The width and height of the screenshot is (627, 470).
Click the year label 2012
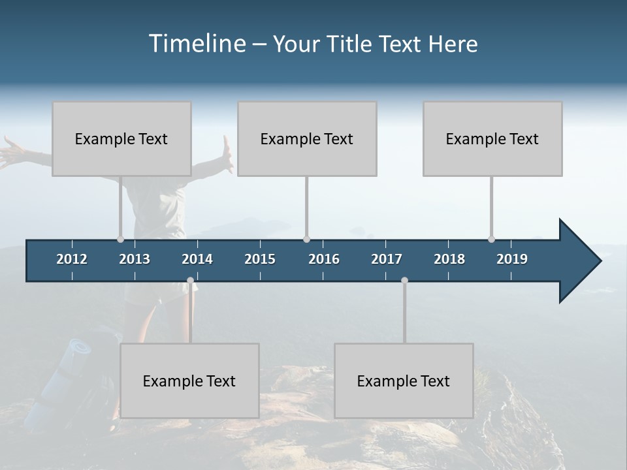tap(72, 259)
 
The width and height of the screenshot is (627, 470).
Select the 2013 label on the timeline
tap(135, 259)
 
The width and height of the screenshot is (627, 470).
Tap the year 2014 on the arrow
tap(197, 259)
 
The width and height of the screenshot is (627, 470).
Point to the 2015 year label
tap(260, 259)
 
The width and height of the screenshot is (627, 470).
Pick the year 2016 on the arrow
tap(324, 259)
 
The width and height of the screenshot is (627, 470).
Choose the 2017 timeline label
tap(387, 259)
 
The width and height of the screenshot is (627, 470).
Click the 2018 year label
tap(449, 259)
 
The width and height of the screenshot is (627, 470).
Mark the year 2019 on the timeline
tap(512, 259)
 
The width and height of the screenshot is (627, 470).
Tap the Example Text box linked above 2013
tap(121, 138)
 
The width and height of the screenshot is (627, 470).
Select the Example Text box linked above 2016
tap(307, 138)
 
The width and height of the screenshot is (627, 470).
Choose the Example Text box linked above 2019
tap(492, 138)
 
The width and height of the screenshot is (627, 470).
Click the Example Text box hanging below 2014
tap(189, 381)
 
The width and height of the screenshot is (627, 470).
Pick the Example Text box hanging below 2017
tap(404, 381)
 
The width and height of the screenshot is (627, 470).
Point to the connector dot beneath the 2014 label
tap(190, 281)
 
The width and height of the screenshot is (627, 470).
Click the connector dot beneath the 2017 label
tap(404, 281)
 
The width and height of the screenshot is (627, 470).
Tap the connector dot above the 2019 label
tap(491, 239)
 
